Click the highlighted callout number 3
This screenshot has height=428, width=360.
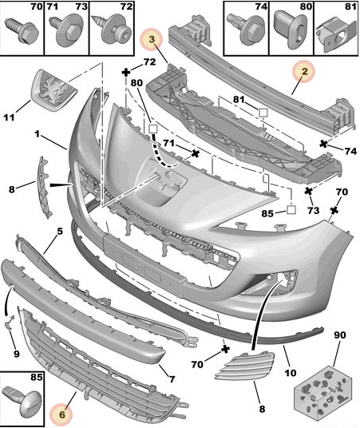point(152,39)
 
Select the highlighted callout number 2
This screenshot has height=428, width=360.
point(304,71)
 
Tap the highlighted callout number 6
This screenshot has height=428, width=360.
point(61,414)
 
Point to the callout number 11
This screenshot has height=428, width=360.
point(9,117)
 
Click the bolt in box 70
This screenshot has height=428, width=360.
point(22,32)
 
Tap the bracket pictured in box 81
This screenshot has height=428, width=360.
point(336,34)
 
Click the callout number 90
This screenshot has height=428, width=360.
point(339,335)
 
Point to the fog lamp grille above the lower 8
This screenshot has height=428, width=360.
point(245,366)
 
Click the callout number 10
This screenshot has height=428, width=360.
point(290,373)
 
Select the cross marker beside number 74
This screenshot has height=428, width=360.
point(324,144)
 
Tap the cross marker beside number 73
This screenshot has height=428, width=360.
point(309,191)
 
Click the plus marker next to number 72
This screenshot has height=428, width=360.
point(126,73)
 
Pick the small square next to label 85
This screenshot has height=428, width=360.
point(291,210)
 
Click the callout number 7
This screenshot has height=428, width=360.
point(172,379)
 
